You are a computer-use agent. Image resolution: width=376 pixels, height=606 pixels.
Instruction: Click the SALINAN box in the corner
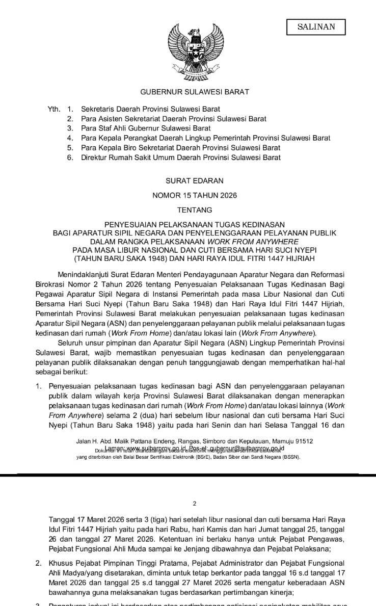(x=316, y=27)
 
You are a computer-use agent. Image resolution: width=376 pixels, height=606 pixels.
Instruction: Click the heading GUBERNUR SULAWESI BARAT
(x=187, y=92)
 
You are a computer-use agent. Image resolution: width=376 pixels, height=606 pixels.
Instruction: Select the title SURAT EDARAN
(x=187, y=180)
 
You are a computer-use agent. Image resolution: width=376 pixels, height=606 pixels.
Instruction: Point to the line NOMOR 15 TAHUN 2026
(x=187, y=195)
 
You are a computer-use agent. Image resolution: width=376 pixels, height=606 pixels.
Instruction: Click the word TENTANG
(x=187, y=209)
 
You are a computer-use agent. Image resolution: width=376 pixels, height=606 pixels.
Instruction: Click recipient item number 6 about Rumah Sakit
(x=180, y=157)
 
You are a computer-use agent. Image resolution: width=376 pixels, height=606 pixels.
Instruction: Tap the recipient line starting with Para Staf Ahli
(x=146, y=128)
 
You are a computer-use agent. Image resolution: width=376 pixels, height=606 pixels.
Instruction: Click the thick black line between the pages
(x=187, y=475)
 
